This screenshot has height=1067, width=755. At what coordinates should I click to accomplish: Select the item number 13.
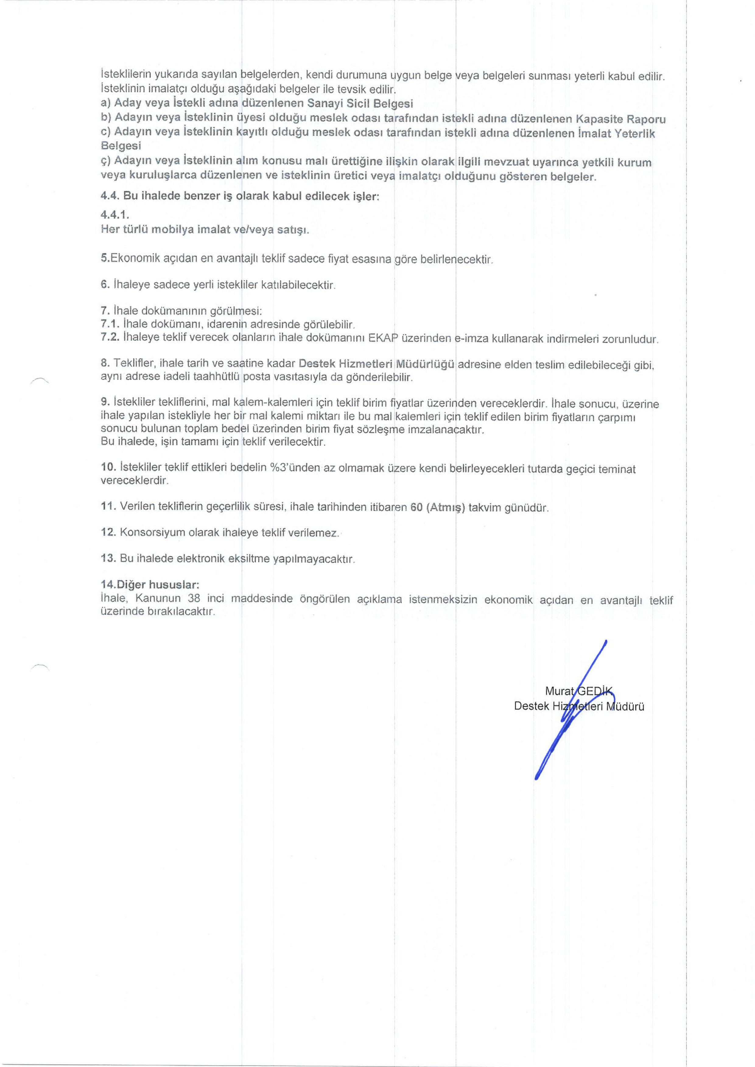click(x=108, y=558)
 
